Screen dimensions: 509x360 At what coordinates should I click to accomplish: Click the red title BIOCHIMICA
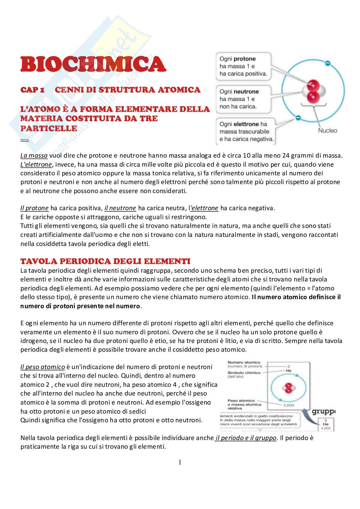pos(93,64)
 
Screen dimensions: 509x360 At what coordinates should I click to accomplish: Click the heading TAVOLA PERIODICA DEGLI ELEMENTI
pos(105,261)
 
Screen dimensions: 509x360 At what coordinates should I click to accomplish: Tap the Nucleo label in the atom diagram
pos(327,131)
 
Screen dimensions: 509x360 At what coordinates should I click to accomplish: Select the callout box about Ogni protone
pos(243,66)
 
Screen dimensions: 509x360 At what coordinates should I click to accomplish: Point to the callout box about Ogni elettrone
pos(246,132)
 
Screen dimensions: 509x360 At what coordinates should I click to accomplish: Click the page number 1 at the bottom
pos(180,462)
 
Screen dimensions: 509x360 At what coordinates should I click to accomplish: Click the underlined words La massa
pos(34,156)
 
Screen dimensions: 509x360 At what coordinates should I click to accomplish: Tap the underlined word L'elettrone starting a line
pos(36,164)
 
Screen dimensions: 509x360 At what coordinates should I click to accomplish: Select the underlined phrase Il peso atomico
pos(43,367)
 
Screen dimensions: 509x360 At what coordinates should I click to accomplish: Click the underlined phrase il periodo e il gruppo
pos(246,438)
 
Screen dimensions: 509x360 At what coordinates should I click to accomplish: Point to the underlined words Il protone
pos(34,208)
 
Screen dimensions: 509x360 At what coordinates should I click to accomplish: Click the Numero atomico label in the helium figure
pos(244,363)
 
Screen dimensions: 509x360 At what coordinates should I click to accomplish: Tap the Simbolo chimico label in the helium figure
pos(244,373)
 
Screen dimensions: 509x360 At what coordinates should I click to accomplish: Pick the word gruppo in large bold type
pos(323,412)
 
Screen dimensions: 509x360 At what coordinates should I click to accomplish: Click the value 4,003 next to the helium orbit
pos(289,405)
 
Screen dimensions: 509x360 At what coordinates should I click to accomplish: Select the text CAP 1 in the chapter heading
pos(32,90)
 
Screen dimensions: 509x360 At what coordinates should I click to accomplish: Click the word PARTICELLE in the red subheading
pos(49,128)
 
